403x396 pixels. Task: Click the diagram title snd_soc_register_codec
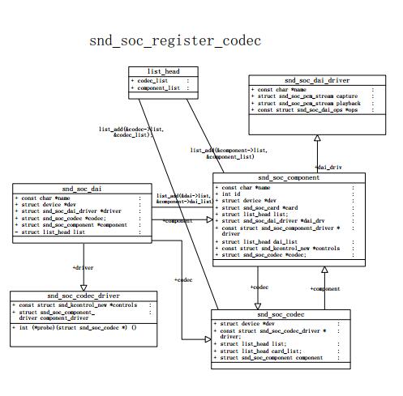click(175, 40)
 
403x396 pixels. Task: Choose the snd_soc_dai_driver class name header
click(317, 80)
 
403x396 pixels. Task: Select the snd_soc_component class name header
click(289, 177)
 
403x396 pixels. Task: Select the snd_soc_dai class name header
click(82, 188)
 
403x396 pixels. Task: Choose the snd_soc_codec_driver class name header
click(83, 296)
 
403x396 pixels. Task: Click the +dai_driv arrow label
click(328, 167)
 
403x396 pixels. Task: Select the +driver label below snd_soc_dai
click(84, 266)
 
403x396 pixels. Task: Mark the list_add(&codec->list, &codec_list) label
click(125, 132)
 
